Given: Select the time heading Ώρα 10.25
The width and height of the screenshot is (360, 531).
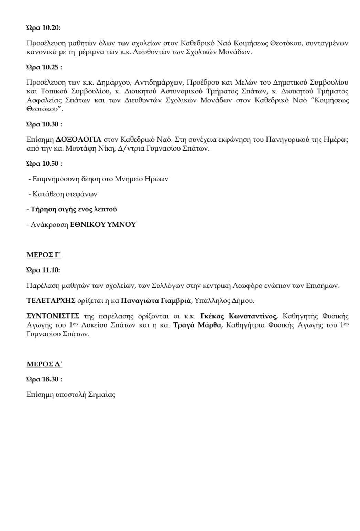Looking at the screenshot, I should point(44,67).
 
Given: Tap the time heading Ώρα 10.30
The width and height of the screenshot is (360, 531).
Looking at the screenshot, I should point(44,124).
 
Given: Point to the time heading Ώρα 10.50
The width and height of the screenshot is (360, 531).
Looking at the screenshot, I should point(44,164).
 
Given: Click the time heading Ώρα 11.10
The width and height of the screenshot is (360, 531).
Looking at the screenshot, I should point(43,270).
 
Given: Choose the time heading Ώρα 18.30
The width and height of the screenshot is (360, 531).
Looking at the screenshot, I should point(44,379).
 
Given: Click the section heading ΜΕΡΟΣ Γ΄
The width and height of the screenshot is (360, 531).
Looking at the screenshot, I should point(44,255).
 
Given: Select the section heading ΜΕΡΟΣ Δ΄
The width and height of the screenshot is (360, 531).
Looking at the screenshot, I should point(44,364).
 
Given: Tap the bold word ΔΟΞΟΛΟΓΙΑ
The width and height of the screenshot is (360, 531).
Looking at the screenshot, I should point(79,140).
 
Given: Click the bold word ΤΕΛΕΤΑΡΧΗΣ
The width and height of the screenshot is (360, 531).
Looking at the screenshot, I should point(51,301).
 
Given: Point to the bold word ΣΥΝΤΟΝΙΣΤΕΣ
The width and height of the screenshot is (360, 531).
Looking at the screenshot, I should point(53,316).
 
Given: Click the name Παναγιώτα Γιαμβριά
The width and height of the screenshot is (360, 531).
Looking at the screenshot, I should point(156,301).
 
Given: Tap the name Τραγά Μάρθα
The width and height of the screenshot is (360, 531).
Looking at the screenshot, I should point(198,325).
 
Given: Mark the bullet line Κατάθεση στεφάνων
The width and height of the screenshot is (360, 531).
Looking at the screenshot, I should point(65,194).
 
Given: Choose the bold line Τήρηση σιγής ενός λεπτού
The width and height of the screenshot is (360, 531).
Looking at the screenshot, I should point(74,209).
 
